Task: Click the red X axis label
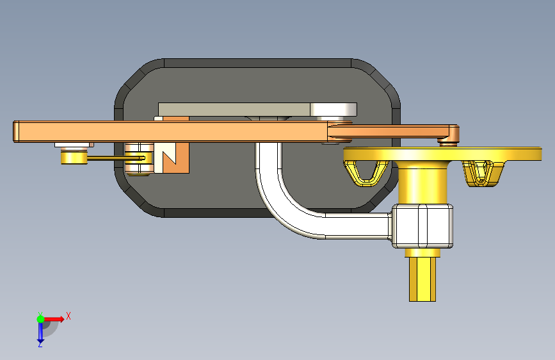point(68,316)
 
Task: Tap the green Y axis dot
point(40,319)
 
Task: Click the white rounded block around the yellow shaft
point(422,226)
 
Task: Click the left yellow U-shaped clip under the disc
point(366,172)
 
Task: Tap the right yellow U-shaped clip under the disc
point(483,173)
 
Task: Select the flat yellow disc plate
point(442,154)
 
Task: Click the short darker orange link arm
point(393,131)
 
